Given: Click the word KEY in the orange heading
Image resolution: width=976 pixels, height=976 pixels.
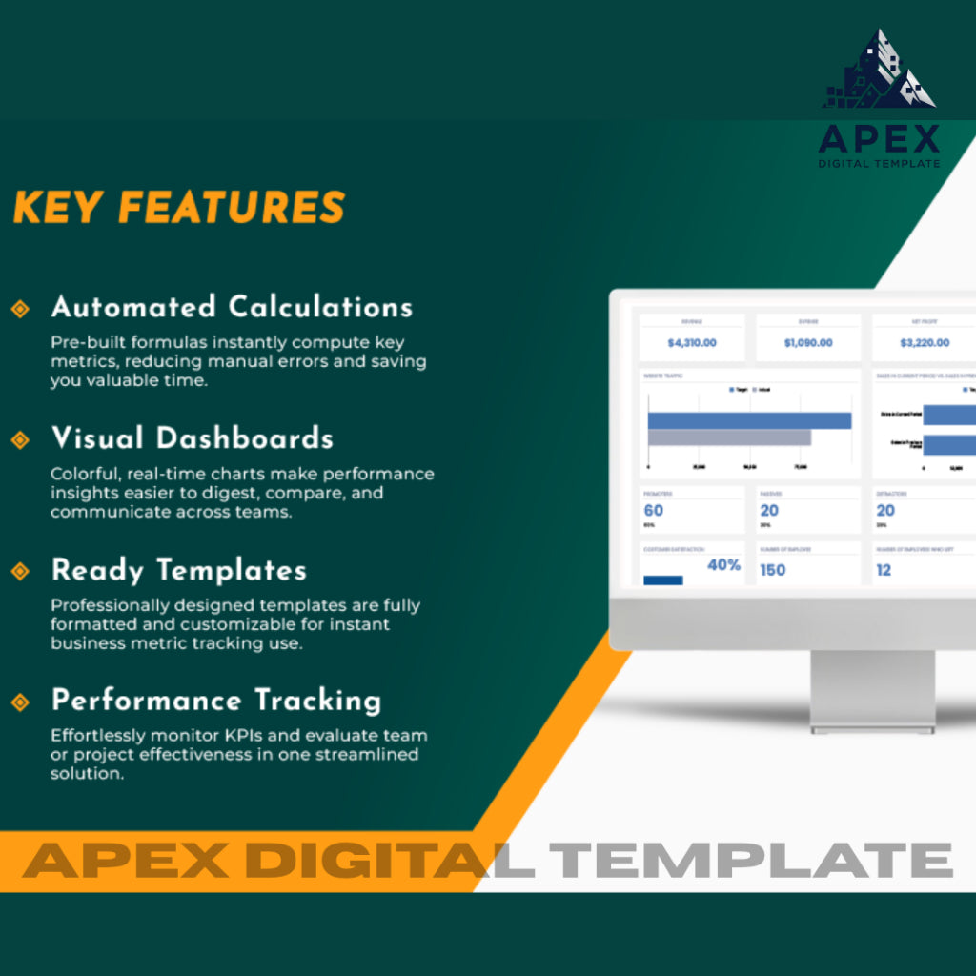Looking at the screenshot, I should pyautogui.click(x=54, y=208).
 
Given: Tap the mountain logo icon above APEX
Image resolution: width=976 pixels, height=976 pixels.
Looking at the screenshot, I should pyautogui.click(x=878, y=71).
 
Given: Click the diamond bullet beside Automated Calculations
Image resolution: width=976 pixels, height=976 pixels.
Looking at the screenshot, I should pyautogui.click(x=19, y=308).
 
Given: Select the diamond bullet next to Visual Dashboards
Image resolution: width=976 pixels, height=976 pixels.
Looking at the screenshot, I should pyautogui.click(x=19, y=439).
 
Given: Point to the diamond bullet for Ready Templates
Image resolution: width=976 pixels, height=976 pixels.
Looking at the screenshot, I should pyautogui.click(x=19, y=571).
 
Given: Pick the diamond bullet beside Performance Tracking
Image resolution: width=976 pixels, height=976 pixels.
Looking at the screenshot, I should pyautogui.click(x=19, y=702).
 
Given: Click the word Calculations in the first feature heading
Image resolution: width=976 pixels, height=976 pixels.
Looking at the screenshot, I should pyautogui.click(x=320, y=307).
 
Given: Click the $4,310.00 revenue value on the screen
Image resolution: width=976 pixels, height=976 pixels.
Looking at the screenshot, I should pyautogui.click(x=692, y=342).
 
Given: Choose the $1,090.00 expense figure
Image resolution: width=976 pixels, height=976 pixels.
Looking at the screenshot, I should pyautogui.click(x=808, y=342).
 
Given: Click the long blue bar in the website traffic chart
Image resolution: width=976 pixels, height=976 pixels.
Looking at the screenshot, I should pyautogui.click(x=749, y=420).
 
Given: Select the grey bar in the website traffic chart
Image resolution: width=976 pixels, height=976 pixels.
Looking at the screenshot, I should pyautogui.click(x=729, y=437).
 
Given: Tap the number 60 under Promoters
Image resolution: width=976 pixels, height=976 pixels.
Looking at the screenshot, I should pyautogui.click(x=654, y=511).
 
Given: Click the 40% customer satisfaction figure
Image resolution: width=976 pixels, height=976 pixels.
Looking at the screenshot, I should pyautogui.click(x=723, y=565).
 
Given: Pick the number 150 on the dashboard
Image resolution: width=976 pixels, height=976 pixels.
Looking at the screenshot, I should pyautogui.click(x=772, y=570).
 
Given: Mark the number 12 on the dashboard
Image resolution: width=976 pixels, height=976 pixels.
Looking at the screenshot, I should pyautogui.click(x=884, y=570).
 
